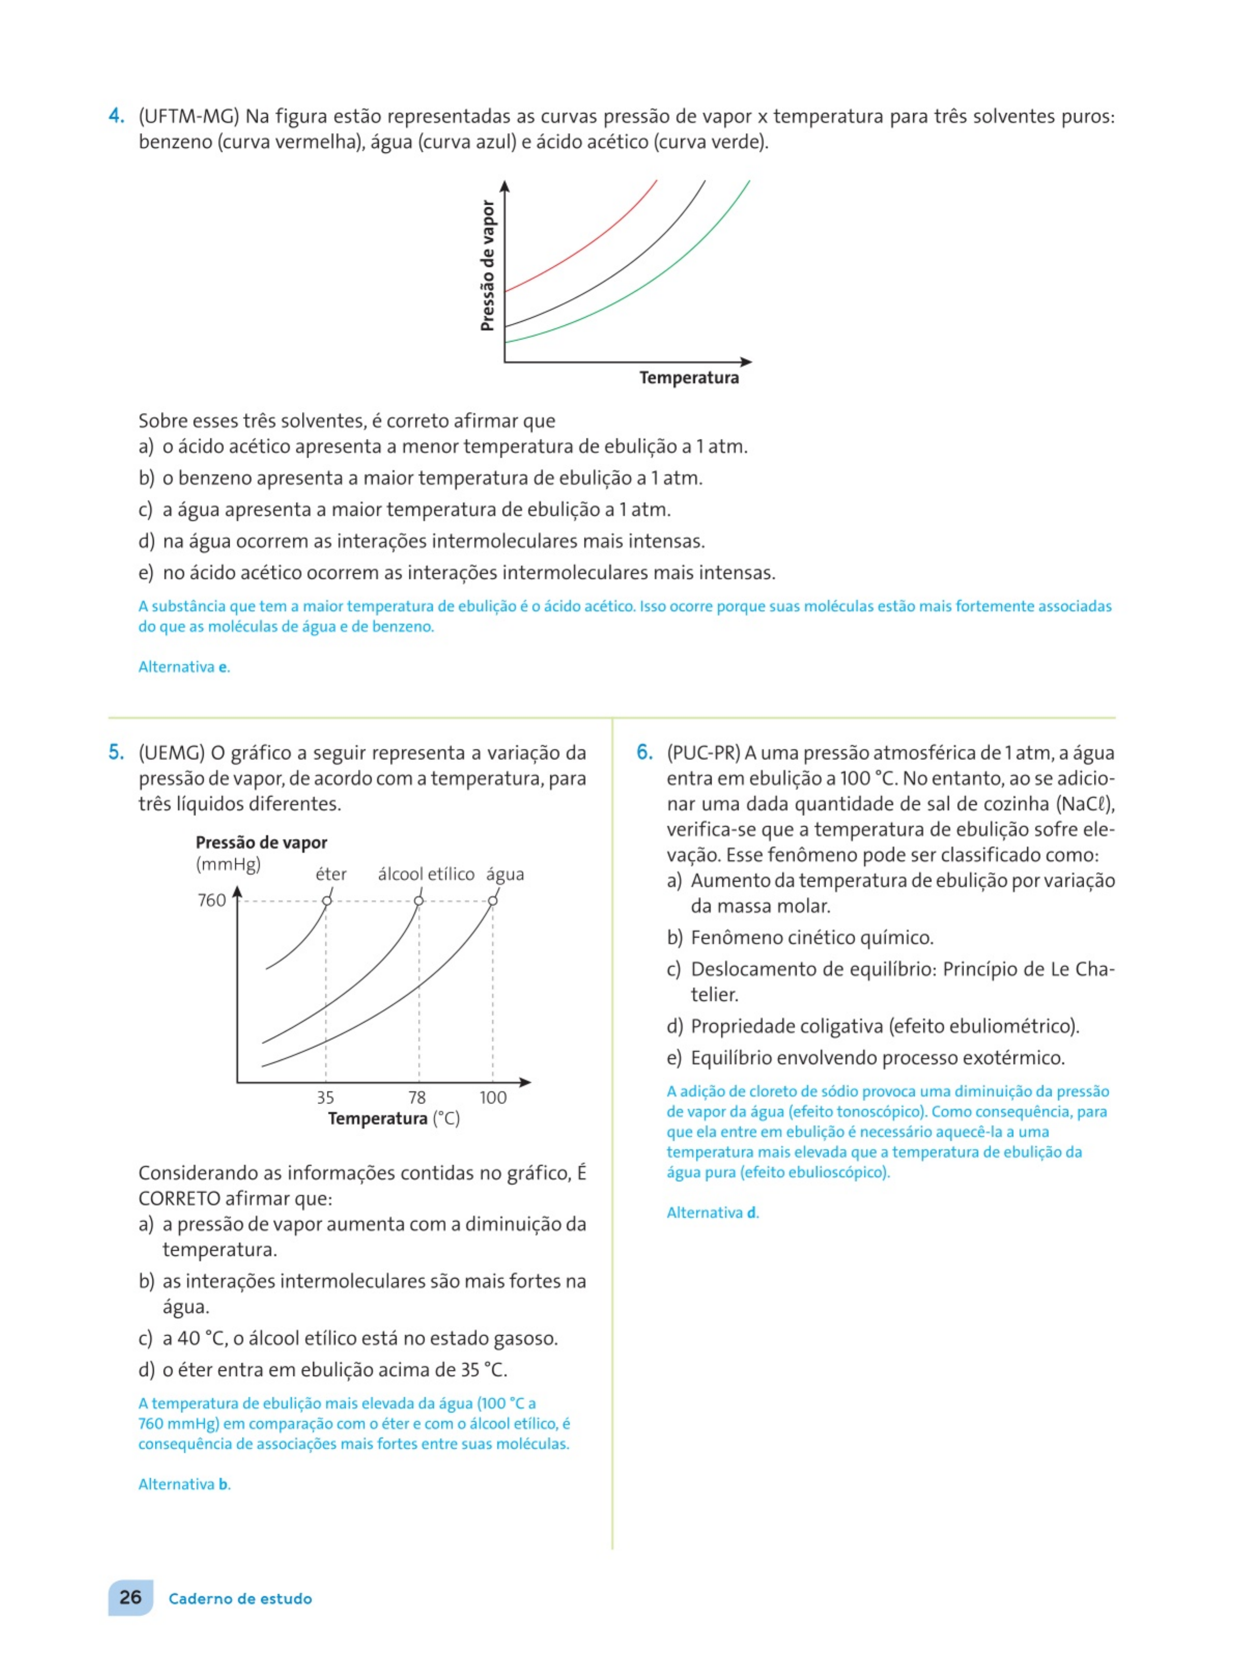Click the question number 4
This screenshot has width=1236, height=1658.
tap(116, 116)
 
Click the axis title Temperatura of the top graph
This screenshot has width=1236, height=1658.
tap(688, 378)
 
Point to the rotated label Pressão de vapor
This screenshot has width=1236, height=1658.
tap(488, 266)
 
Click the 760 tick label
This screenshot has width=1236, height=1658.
tap(212, 900)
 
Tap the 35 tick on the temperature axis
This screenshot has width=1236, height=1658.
tap(325, 1097)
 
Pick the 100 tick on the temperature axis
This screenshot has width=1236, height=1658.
tap(493, 1097)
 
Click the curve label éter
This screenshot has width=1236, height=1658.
tap(330, 874)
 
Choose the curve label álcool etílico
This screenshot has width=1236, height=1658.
tap(426, 874)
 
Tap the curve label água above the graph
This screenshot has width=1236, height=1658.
tap(505, 874)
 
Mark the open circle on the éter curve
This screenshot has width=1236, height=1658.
tap(327, 900)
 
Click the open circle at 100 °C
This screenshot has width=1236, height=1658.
tap(492, 900)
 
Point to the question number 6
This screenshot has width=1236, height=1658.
tap(645, 753)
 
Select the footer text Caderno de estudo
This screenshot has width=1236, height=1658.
tap(240, 1599)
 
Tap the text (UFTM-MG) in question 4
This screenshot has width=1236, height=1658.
tap(189, 117)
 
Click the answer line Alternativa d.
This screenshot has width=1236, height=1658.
tap(712, 1213)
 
